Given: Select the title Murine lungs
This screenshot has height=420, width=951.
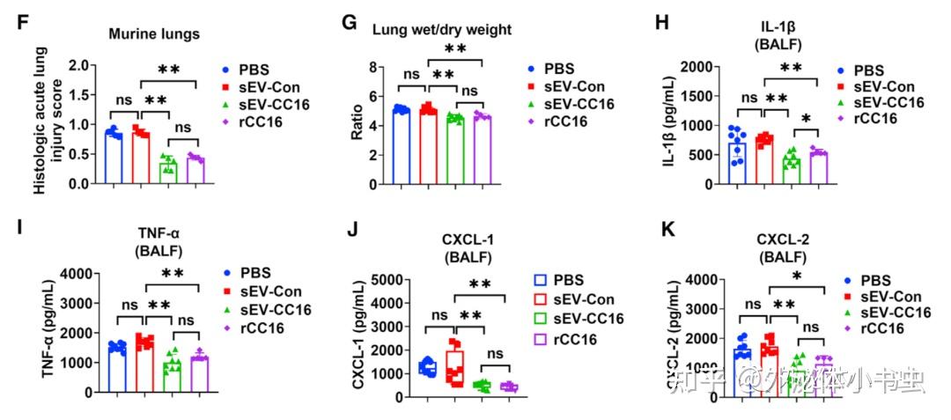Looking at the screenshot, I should tap(154, 34).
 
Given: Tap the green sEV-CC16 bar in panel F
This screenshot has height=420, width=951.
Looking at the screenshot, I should tap(167, 172).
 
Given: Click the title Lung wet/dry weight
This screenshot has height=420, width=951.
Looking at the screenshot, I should tap(441, 30).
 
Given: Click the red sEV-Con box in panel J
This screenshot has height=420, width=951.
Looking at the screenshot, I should tap(454, 364).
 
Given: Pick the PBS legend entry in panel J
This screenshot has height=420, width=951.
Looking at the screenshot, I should tap(564, 280).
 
